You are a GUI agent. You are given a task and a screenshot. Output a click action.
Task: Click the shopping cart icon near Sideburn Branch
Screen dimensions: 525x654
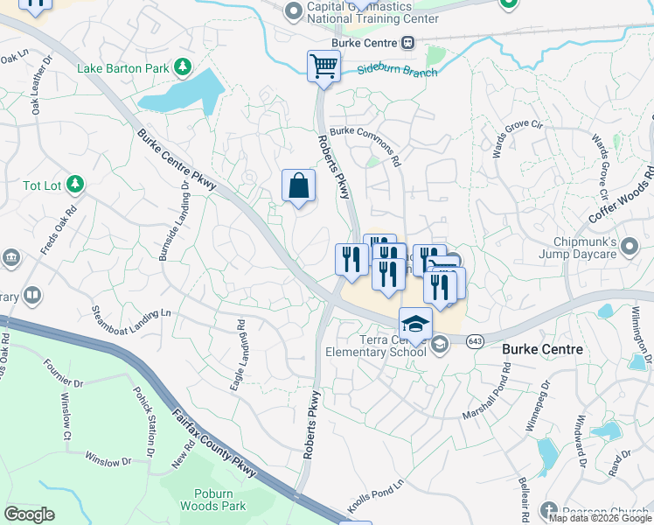coord(324,66)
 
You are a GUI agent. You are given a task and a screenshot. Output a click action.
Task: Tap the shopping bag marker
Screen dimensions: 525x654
coord(298,185)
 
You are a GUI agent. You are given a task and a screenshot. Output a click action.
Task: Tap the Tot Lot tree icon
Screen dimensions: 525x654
coord(76,184)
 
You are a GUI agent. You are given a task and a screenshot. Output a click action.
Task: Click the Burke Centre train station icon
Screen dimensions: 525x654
coord(407,43)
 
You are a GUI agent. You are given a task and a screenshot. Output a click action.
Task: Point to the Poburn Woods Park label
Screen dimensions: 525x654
coord(213,499)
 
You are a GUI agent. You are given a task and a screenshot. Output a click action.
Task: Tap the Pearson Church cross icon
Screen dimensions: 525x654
coord(548,510)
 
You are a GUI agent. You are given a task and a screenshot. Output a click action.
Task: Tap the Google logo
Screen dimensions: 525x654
coord(29,514)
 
